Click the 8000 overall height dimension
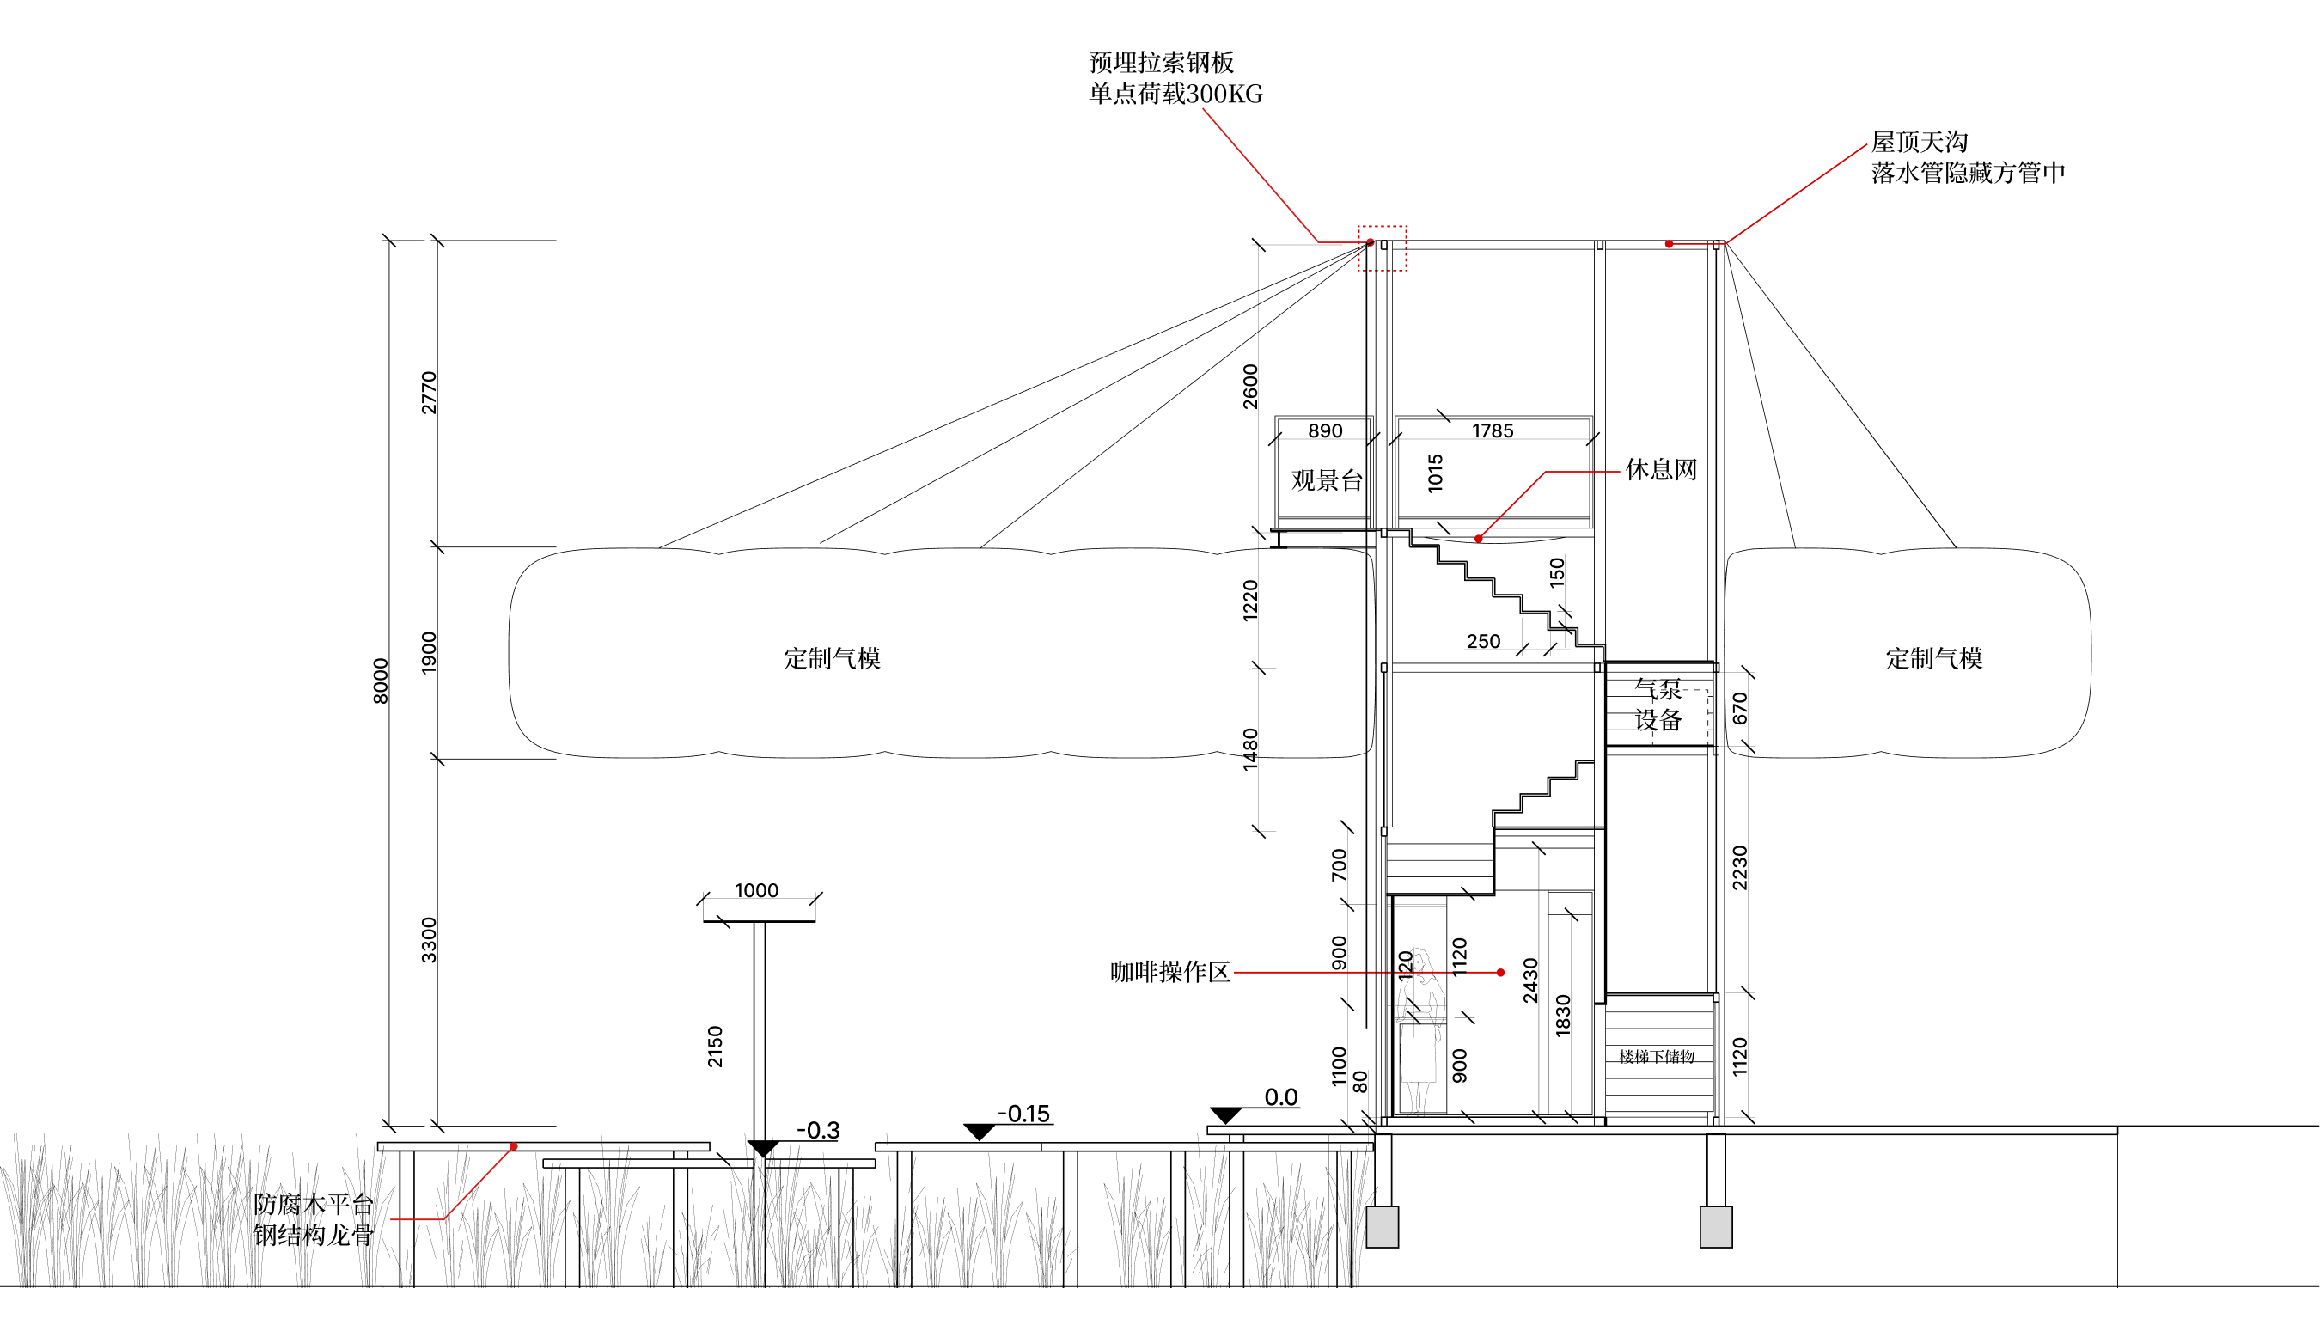[381, 681]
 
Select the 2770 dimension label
[429, 392]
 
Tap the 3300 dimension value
[429, 940]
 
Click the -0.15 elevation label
[1023, 1114]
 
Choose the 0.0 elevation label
[1281, 1097]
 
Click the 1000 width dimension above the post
[756, 890]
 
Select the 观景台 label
[1328, 480]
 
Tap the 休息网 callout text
[1661, 469]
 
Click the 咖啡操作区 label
[1170, 972]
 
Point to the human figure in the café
[1420, 1030]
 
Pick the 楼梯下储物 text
[1657, 1057]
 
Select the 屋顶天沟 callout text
[1920, 142]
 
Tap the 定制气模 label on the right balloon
[1934, 658]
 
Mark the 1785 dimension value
[1493, 430]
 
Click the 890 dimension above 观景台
[1325, 430]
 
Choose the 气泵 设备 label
[1658, 705]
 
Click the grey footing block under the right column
[1716, 1227]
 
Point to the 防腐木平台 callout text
[314, 1205]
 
